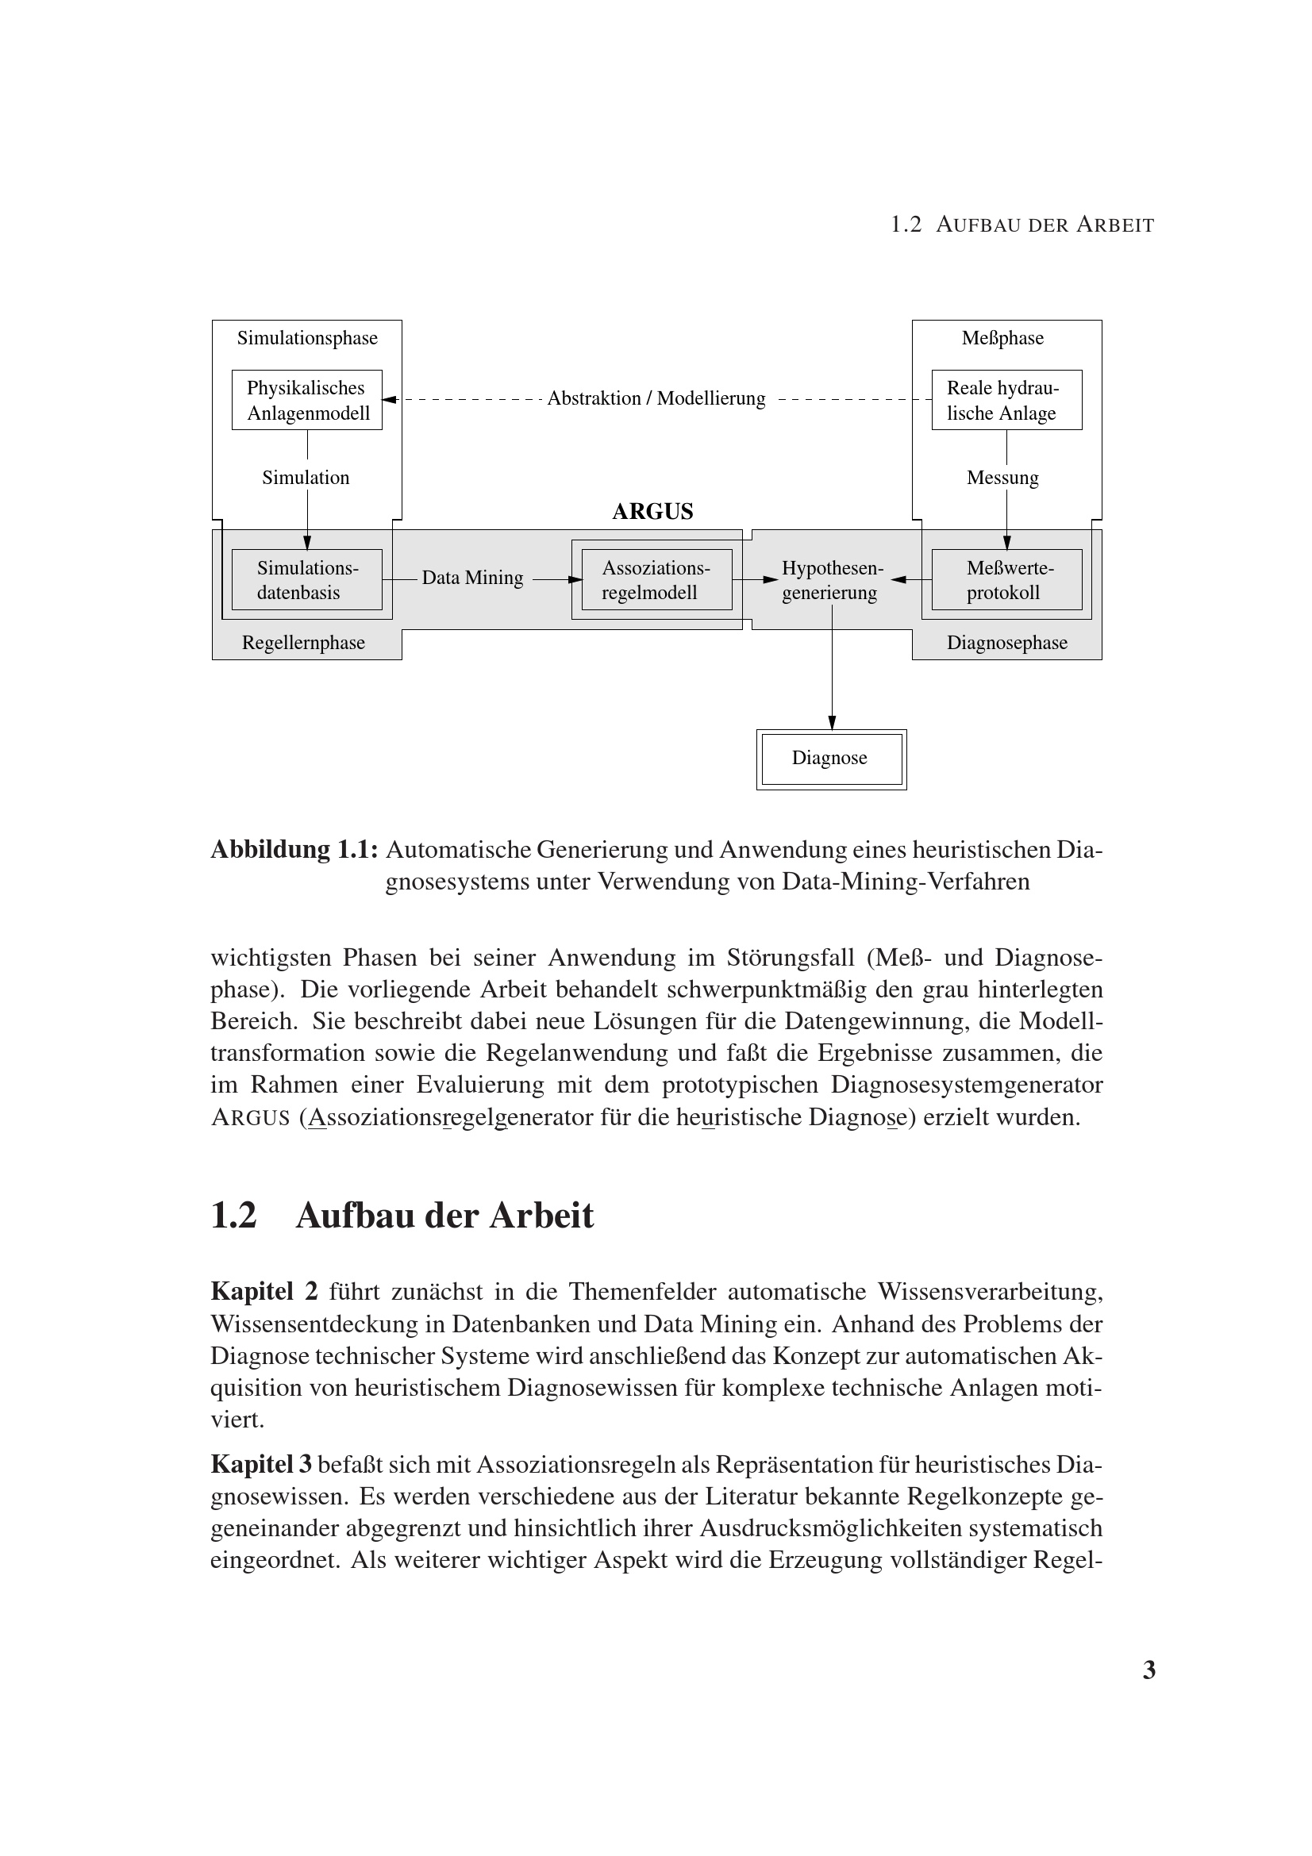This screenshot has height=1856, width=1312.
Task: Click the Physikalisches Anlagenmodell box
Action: pyautogui.click(x=306, y=400)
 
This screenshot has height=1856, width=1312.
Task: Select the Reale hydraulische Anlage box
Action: pyautogui.click(x=1006, y=400)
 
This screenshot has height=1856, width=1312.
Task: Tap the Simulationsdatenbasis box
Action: pyautogui.click(x=306, y=579)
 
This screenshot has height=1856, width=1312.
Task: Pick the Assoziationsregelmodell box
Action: pyautogui.click(x=656, y=579)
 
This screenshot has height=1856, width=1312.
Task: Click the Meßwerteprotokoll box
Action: pyautogui.click(x=1006, y=579)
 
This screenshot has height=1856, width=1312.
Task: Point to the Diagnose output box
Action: pyautogui.click(x=830, y=759)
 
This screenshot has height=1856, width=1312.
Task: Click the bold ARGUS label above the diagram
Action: pyautogui.click(x=652, y=512)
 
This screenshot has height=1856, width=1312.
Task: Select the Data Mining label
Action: pyautogui.click(x=472, y=578)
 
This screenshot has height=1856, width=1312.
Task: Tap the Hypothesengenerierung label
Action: pyautogui.click(x=831, y=580)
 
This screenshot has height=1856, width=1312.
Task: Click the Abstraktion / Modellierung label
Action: pyautogui.click(x=656, y=398)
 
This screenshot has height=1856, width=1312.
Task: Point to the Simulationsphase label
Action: pyautogui.click(x=307, y=338)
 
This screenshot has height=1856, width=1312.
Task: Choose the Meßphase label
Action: pyautogui.click(x=1002, y=338)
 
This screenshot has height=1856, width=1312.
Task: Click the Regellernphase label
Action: pyautogui.click(x=303, y=643)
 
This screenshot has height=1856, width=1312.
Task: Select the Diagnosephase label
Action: pyautogui.click(x=1006, y=643)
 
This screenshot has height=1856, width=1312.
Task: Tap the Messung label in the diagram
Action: pyautogui.click(x=1002, y=478)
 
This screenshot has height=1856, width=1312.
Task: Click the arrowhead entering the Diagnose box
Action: pyautogui.click(x=832, y=722)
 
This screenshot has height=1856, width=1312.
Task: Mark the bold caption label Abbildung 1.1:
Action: pyautogui.click(x=294, y=850)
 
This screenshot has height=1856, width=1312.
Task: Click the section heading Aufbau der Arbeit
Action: pyautogui.click(x=444, y=1216)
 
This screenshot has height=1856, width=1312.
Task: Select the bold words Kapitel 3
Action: pyautogui.click(x=261, y=1464)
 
